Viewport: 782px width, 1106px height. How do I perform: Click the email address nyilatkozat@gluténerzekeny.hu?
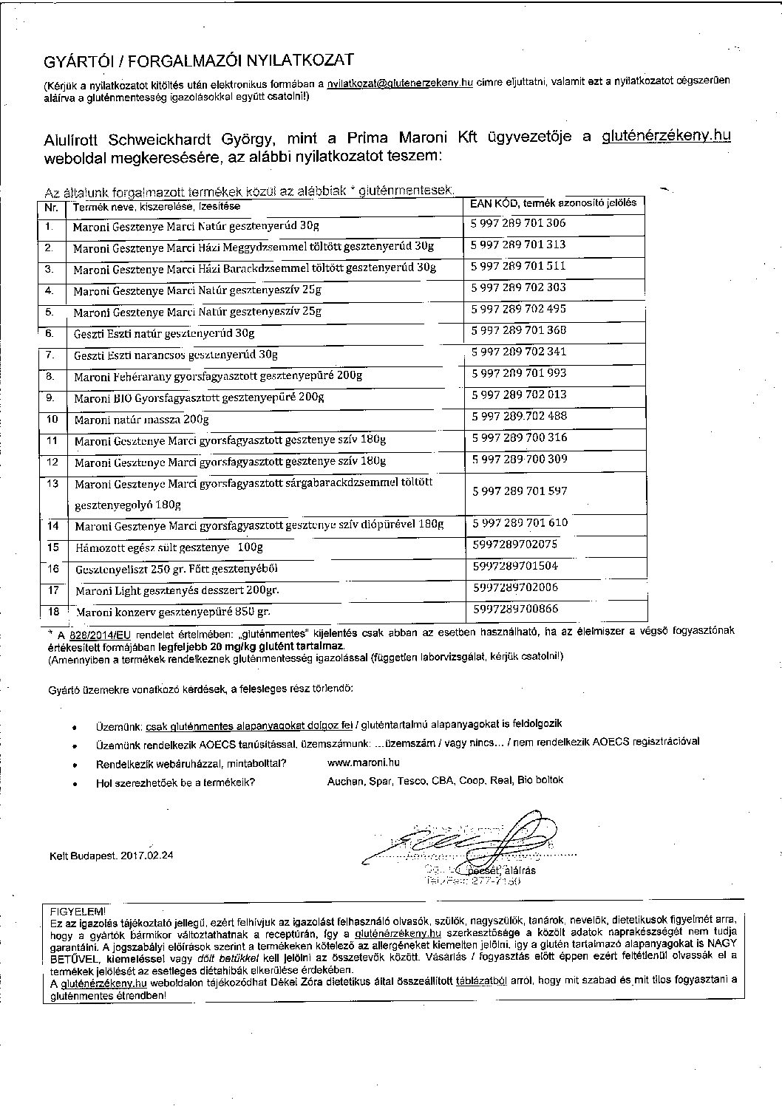click(x=400, y=84)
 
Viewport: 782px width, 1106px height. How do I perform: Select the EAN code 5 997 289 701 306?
click(x=519, y=223)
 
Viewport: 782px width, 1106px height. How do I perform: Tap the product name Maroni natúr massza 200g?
click(x=141, y=420)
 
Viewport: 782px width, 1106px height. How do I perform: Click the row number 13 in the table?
click(x=52, y=483)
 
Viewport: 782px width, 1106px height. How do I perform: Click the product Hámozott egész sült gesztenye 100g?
click(x=169, y=547)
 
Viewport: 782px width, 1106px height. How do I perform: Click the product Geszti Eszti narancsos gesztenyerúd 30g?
click(x=176, y=355)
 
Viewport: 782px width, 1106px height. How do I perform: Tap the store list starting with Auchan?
click(x=445, y=780)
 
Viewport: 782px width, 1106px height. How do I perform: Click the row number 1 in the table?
click(x=50, y=225)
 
